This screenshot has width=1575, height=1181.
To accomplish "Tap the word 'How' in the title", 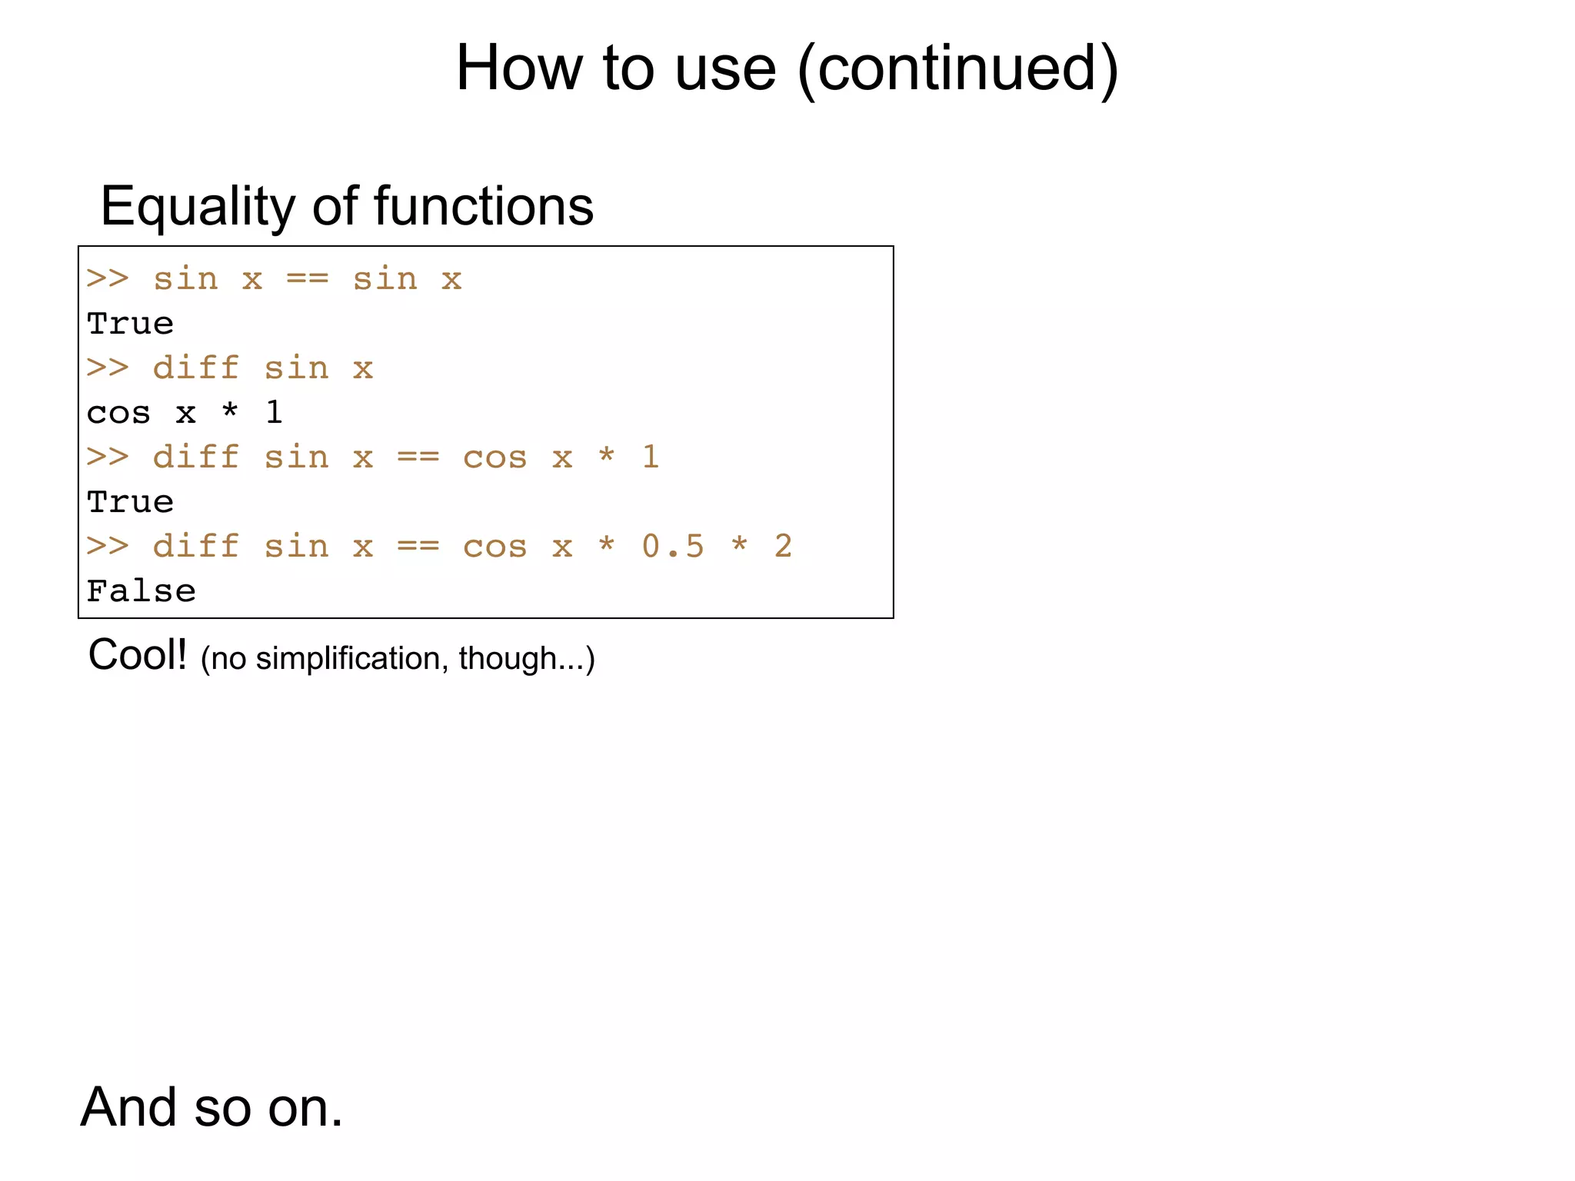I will pyautogui.click(x=519, y=68).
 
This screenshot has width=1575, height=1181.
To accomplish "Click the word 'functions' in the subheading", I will pyautogui.click(x=484, y=207).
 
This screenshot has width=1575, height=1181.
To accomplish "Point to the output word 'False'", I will pyautogui.click(x=142, y=591).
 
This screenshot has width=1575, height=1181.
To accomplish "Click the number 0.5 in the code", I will pyautogui.click(x=673, y=547).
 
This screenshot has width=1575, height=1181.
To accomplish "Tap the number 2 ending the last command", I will pyautogui.click(x=783, y=547).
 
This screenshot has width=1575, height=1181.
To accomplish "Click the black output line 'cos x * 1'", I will pyautogui.click(x=185, y=413).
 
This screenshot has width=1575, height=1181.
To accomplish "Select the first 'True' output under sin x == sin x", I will pyautogui.click(x=131, y=324).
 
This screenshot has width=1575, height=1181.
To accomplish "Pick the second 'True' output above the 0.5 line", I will pyautogui.click(x=131, y=502).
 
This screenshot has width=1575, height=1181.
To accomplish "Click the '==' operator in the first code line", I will pyautogui.click(x=307, y=279).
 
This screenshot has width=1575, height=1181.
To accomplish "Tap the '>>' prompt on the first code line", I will pyautogui.click(x=108, y=279).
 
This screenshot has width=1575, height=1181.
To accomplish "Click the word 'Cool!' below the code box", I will pyautogui.click(x=138, y=656).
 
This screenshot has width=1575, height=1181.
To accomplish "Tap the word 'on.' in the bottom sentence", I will pyautogui.click(x=305, y=1107).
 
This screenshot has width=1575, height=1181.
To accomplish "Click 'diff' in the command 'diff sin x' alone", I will pyautogui.click(x=196, y=368).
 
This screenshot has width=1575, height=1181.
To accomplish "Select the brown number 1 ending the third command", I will pyautogui.click(x=651, y=457).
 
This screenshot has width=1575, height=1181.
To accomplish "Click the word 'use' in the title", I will pyautogui.click(x=725, y=68).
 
